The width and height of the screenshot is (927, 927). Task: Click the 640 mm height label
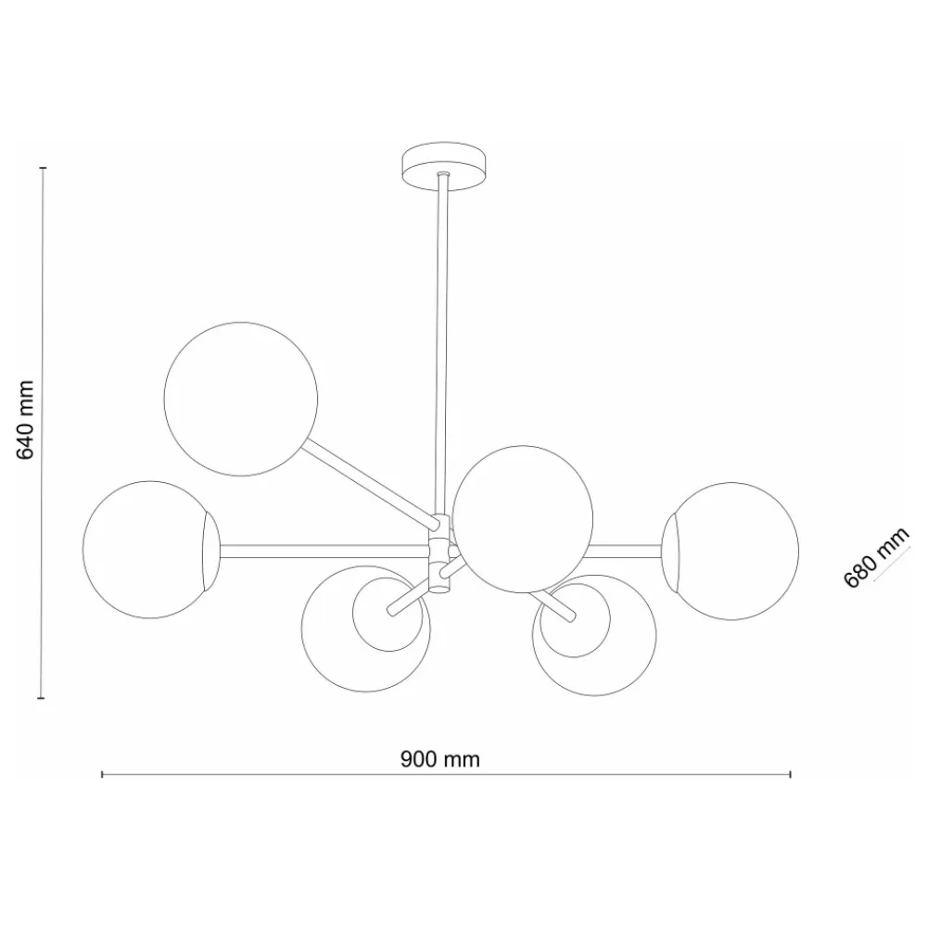coord(26,420)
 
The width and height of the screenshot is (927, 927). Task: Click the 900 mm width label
coord(439,759)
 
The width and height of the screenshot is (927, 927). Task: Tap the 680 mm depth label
coord(875,557)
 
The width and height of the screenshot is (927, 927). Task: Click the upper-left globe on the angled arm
coord(241,399)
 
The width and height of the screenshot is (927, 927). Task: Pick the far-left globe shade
coord(151,549)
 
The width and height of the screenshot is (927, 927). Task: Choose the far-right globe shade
coord(730,551)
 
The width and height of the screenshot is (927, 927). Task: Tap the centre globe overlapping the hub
coord(523,519)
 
